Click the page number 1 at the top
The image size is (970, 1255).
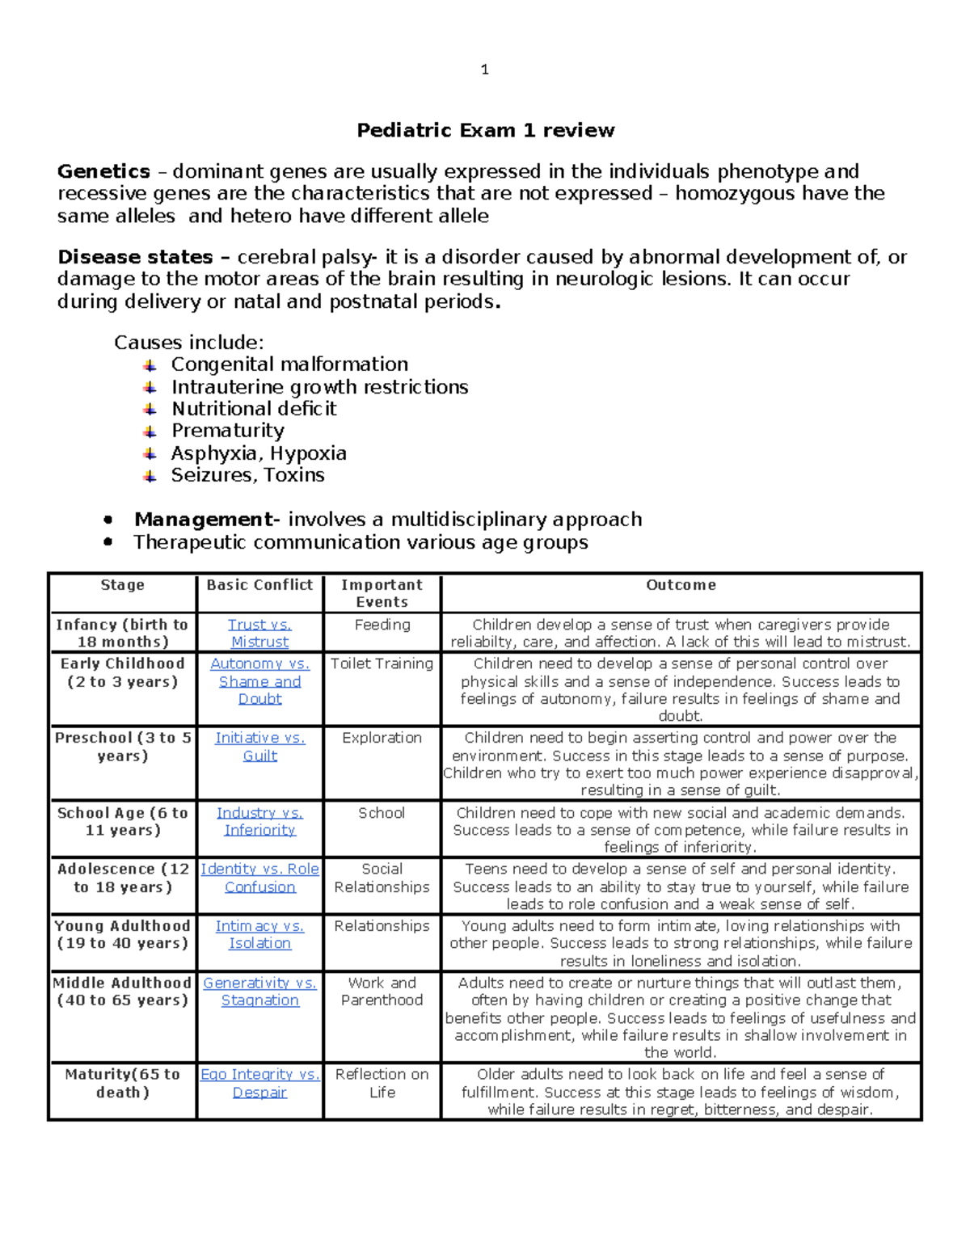pyautogui.click(x=484, y=70)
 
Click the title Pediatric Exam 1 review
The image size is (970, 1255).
pyautogui.click(x=485, y=130)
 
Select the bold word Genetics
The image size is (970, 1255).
pyautogui.click(x=103, y=171)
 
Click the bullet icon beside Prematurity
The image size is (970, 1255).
pyautogui.click(x=150, y=432)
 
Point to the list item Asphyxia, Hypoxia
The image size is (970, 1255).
pyautogui.click(x=259, y=453)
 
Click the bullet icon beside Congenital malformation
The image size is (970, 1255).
pyautogui.click(x=150, y=365)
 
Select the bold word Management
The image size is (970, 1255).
pyautogui.click(x=204, y=520)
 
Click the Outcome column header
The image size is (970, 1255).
pyautogui.click(x=681, y=585)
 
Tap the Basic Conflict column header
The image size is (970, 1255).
pyautogui.click(x=259, y=585)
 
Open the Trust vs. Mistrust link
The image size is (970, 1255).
pyautogui.click(x=259, y=634)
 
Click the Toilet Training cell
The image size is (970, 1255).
pyautogui.click(x=382, y=663)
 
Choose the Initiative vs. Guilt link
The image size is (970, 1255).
pyautogui.click(x=259, y=747)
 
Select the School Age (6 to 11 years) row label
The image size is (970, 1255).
pyautogui.click(x=122, y=822)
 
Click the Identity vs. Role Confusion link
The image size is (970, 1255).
pyautogui.click(x=259, y=878)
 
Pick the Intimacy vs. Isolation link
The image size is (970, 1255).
pyautogui.click(x=259, y=934)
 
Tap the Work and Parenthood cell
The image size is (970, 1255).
pyautogui.click(x=382, y=992)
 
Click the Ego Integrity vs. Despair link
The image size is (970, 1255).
pyautogui.click(x=259, y=1083)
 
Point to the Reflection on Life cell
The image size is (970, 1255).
pyautogui.click(x=382, y=1083)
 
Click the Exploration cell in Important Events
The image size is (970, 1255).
pyautogui.click(x=382, y=738)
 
